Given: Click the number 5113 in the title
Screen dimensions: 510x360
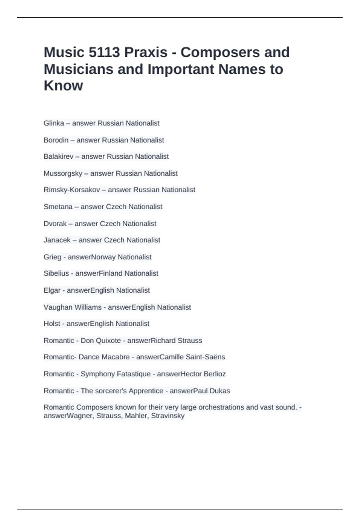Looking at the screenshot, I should pyautogui.click(x=104, y=52).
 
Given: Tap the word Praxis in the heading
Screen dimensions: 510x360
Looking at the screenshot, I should pyautogui.click(x=146, y=52).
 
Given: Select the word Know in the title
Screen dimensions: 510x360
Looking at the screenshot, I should pyautogui.click(x=63, y=86).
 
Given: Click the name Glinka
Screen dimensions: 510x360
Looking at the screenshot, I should pyautogui.click(x=54, y=123).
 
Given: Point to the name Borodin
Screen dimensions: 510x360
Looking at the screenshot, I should pyautogui.click(x=56, y=140).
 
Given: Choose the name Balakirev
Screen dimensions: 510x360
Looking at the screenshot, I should pyautogui.click(x=58, y=157).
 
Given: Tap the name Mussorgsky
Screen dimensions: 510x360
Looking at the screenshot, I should pyautogui.click(x=63, y=173).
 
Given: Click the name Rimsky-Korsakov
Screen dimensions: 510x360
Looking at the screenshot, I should pyautogui.click(x=72, y=190).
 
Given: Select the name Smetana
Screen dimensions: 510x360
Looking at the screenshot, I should pyautogui.click(x=58, y=207).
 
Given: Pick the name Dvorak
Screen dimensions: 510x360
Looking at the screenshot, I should pyautogui.click(x=55, y=224).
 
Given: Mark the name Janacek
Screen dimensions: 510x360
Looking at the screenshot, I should pyautogui.click(x=57, y=240).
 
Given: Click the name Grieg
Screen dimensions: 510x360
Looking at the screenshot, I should pyautogui.click(x=52, y=257).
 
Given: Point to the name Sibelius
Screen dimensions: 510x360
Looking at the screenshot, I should pyautogui.click(x=56, y=273).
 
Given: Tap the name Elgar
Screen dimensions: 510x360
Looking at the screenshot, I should pyautogui.click(x=52, y=290).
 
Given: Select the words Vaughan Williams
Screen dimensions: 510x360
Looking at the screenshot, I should pyautogui.click(x=73, y=307).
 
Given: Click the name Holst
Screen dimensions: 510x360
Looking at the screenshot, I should pyautogui.click(x=52, y=324).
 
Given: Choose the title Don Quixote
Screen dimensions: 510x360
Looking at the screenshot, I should pyautogui.click(x=100, y=341).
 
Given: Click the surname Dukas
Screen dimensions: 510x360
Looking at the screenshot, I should pyautogui.click(x=220, y=391).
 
